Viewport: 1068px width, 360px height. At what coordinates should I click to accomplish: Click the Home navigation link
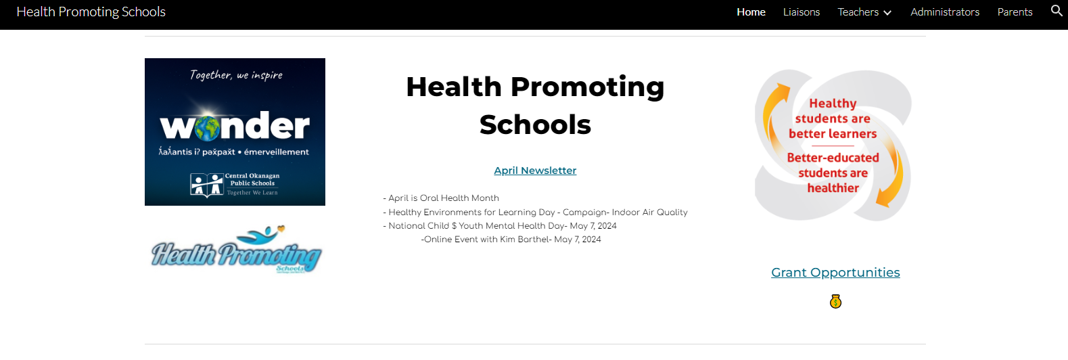tap(751, 12)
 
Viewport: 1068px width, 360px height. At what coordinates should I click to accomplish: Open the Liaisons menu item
tap(801, 12)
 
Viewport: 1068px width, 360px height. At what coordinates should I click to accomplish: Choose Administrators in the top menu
tap(944, 12)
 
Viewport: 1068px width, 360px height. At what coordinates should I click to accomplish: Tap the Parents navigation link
tap(1015, 12)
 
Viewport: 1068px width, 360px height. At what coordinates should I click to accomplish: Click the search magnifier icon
tap(1057, 11)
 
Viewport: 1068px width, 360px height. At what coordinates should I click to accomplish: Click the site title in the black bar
tap(91, 12)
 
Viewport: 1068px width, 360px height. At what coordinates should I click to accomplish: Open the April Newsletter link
tap(535, 171)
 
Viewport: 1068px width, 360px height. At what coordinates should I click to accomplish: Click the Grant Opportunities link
tap(835, 273)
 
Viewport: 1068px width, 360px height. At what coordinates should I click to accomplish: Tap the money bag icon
tap(835, 302)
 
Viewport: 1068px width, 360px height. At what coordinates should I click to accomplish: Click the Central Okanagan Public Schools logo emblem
tap(206, 185)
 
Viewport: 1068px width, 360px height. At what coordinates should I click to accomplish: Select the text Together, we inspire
tap(236, 75)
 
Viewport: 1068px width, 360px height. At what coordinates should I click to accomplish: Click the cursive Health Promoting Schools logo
tap(235, 252)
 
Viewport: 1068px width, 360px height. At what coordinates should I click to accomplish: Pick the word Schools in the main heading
tap(535, 125)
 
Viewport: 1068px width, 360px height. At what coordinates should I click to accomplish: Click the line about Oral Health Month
tap(441, 198)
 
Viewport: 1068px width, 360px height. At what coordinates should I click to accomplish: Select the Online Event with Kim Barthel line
tap(511, 240)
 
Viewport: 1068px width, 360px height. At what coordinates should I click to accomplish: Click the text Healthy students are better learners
tap(833, 119)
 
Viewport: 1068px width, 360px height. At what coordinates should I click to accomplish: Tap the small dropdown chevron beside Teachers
tap(887, 13)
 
